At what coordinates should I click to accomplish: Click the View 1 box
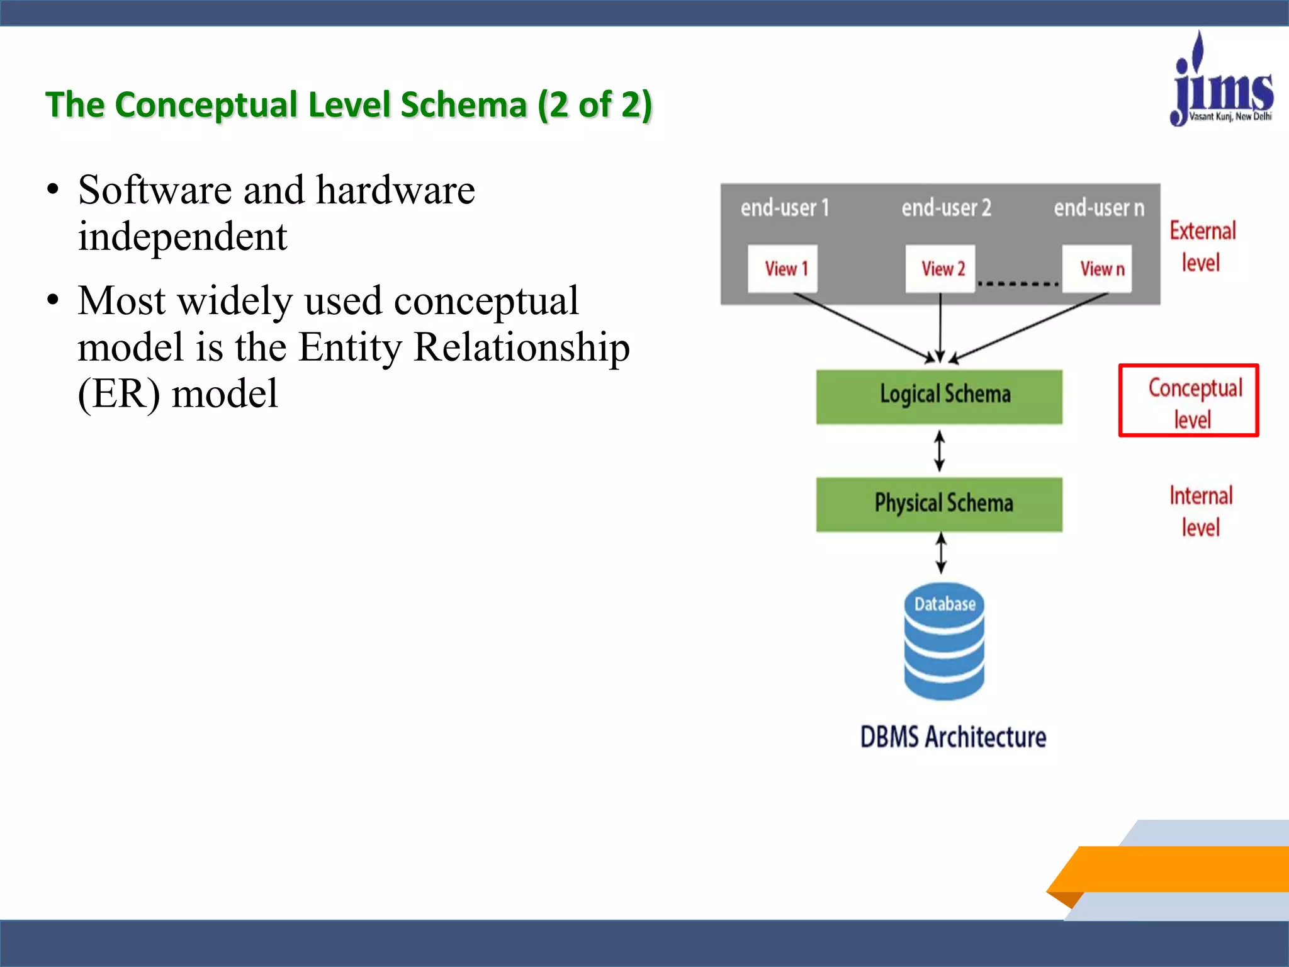click(x=782, y=269)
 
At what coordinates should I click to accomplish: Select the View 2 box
click(x=940, y=269)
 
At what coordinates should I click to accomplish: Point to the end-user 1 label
click(x=785, y=208)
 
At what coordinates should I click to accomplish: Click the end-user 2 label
click(x=946, y=208)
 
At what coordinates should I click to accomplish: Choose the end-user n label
click(x=1099, y=208)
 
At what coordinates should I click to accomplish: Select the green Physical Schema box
click(x=939, y=504)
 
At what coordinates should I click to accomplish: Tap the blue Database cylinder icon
click(x=943, y=642)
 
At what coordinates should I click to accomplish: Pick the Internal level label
click(x=1200, y=511)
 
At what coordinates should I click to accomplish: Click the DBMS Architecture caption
click(x=952, y=737)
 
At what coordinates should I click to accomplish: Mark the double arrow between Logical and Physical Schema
click(x=940, y=451)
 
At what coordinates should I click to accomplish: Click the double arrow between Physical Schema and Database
click(x=941, y=553)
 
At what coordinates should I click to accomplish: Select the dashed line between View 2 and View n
click(x=1018, y=284)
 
